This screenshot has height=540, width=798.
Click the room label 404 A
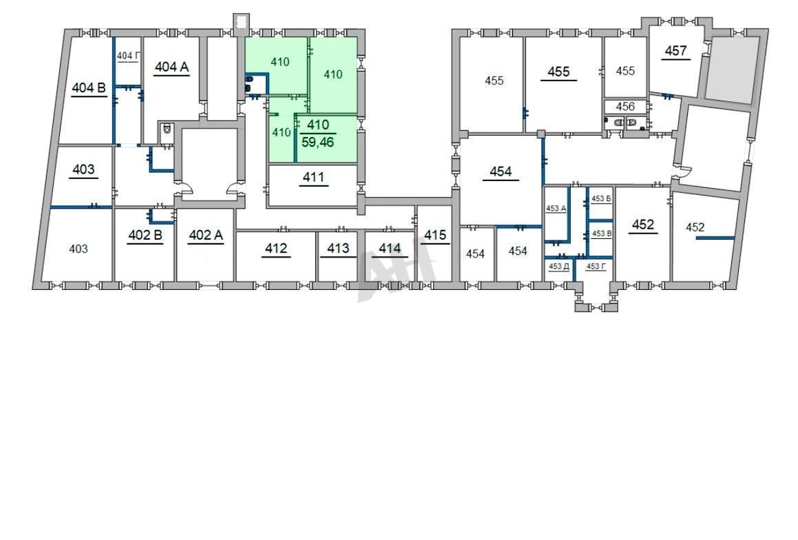[x=171, y=67]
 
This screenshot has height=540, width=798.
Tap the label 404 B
[x=89, y=87]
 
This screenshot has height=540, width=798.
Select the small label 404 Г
[x=127, y=56]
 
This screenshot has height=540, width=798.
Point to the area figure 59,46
[x=317, y=142]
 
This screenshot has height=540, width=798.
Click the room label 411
[x=313, y=177]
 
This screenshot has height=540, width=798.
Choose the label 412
[x=276, y=248]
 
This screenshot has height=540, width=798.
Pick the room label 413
[x=338, y=248]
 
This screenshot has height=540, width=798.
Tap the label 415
[x=435, y=235]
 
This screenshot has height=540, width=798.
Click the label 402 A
[x=206, y=235]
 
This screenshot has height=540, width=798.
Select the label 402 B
[x=145, y=235]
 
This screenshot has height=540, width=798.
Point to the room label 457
[x=675, y=50]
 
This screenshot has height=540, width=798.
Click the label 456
[x=625, y=106]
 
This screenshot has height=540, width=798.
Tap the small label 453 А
[x=556, y=208]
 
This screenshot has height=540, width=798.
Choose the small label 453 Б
[x=601, y=198]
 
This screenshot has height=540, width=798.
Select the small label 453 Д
[x=559, y=266]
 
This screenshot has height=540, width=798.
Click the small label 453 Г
[x=596, y=266]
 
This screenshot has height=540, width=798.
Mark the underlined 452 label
[x=643, y=225]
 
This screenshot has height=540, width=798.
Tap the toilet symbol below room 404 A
[x=167, y=129]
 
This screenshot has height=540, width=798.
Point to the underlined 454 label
[x=501, y=172]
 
